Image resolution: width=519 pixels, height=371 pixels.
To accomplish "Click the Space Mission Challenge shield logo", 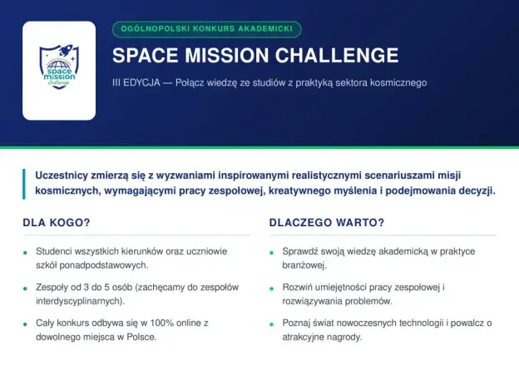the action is point(59,67).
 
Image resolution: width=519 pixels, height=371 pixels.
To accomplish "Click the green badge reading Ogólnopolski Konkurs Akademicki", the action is point(207,29).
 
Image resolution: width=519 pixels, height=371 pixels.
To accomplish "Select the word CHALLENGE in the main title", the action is point(337,55).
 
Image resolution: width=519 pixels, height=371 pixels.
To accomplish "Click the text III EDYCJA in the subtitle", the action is point(136,82).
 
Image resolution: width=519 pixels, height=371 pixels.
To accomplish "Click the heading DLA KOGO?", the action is point(57,222).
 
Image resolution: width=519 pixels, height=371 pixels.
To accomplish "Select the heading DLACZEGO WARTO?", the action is point(327,222).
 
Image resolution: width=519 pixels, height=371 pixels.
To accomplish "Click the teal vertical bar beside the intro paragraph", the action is point(24,184).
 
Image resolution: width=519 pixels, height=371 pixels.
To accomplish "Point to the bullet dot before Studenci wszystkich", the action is point(25,253).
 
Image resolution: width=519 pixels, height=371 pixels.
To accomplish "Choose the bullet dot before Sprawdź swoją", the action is point(272,253).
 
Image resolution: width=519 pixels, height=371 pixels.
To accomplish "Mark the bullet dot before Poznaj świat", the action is point(272,324).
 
